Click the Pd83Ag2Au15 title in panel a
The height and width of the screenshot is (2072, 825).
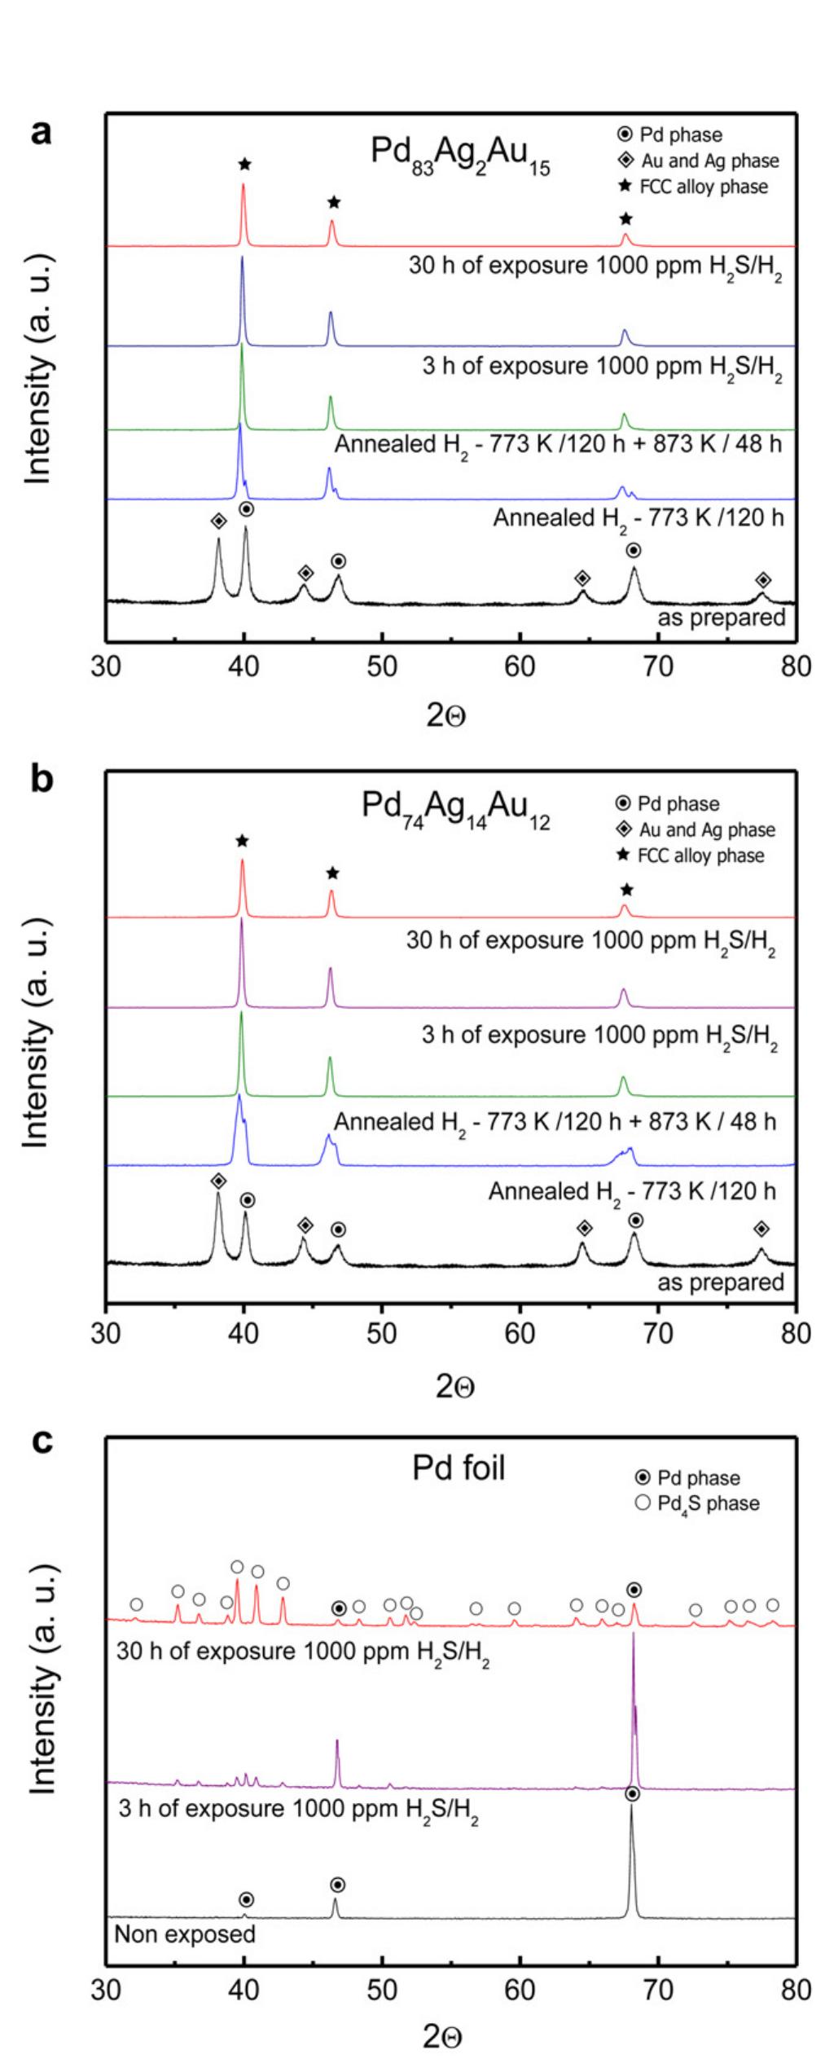point(459,156)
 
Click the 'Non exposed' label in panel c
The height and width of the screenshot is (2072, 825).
point(185,1933)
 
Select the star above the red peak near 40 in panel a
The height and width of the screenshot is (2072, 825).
point(244,165)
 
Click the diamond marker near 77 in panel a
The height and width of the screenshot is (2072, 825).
point(763,580)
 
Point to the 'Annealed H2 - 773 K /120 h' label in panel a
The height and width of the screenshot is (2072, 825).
point(638,518)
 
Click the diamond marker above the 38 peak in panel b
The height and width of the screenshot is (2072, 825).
point(218,1181)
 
